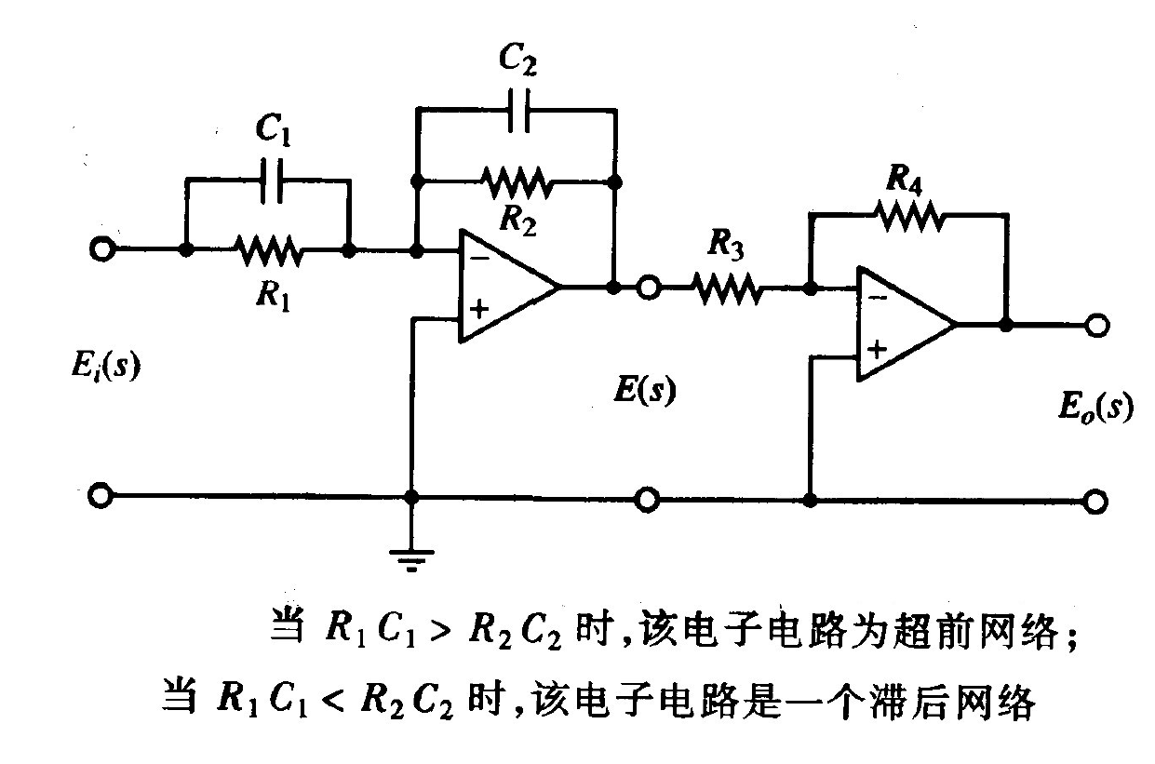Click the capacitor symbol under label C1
coord(270,182)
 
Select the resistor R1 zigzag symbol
coord(268,250)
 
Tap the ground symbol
coord(414,558)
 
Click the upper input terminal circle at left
coord(101,249)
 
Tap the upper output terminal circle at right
coord(1097,326)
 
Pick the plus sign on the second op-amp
coord(877,350)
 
